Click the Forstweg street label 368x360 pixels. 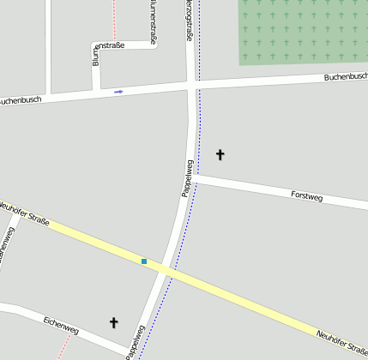306,196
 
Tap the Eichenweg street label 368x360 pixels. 60,326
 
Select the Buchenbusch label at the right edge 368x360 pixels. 345,77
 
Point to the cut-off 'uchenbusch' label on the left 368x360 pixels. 19,100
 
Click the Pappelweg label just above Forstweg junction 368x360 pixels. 186,178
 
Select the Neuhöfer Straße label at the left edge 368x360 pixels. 24,213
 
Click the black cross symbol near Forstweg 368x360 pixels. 220,154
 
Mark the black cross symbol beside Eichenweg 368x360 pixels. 113,322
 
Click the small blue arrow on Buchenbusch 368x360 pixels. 118,91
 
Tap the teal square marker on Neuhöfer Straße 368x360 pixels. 144,261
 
